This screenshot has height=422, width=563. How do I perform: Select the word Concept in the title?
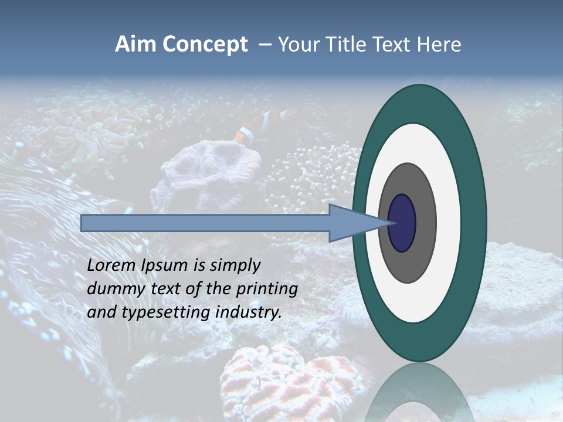pos(205,45)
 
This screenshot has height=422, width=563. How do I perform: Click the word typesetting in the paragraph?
pos(158,312)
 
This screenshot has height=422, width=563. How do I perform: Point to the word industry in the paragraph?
pos(249,312)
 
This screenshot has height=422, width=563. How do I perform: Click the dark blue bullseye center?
pos(402,223)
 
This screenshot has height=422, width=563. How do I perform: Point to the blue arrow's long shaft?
pos(205,223)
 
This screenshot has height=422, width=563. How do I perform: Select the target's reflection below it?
pos(419,393)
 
